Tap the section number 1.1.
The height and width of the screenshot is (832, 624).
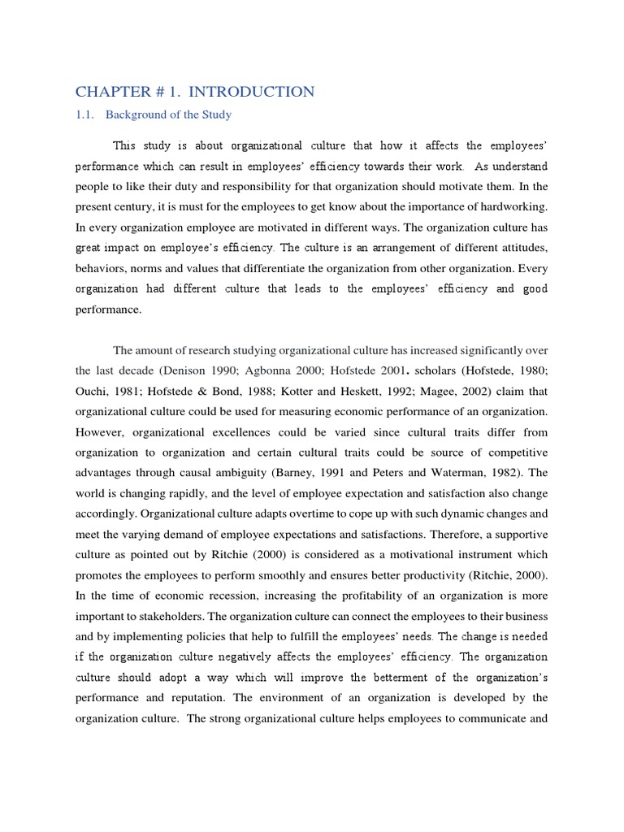coord(85,115)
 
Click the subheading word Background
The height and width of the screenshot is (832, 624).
coord(143,115)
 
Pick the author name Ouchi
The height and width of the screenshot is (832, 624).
coord(92,391)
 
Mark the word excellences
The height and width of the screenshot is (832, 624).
coord(261,432)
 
